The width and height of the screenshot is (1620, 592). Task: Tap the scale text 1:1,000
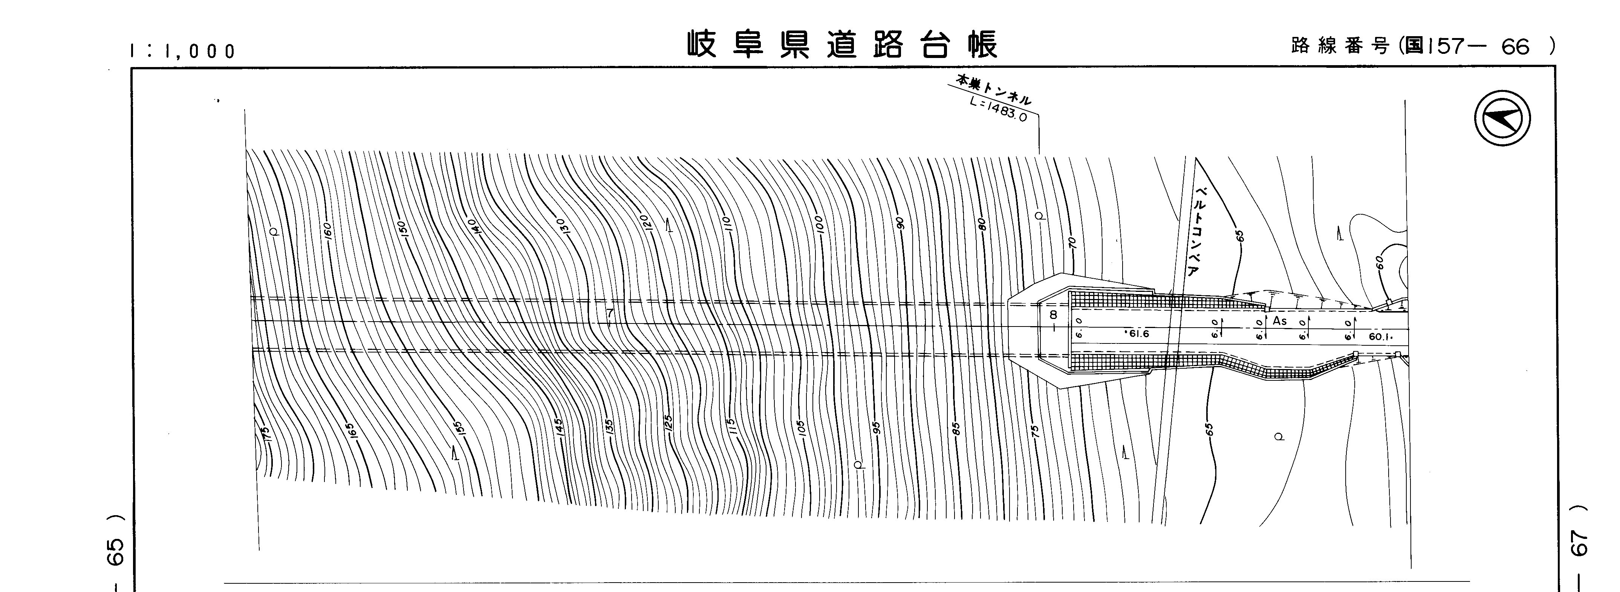click(182, 51)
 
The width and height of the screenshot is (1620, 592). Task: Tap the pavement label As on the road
click(1280, 321)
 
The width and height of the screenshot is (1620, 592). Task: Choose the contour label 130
click(561, 227)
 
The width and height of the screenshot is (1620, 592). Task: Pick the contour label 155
click(460, 430)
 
